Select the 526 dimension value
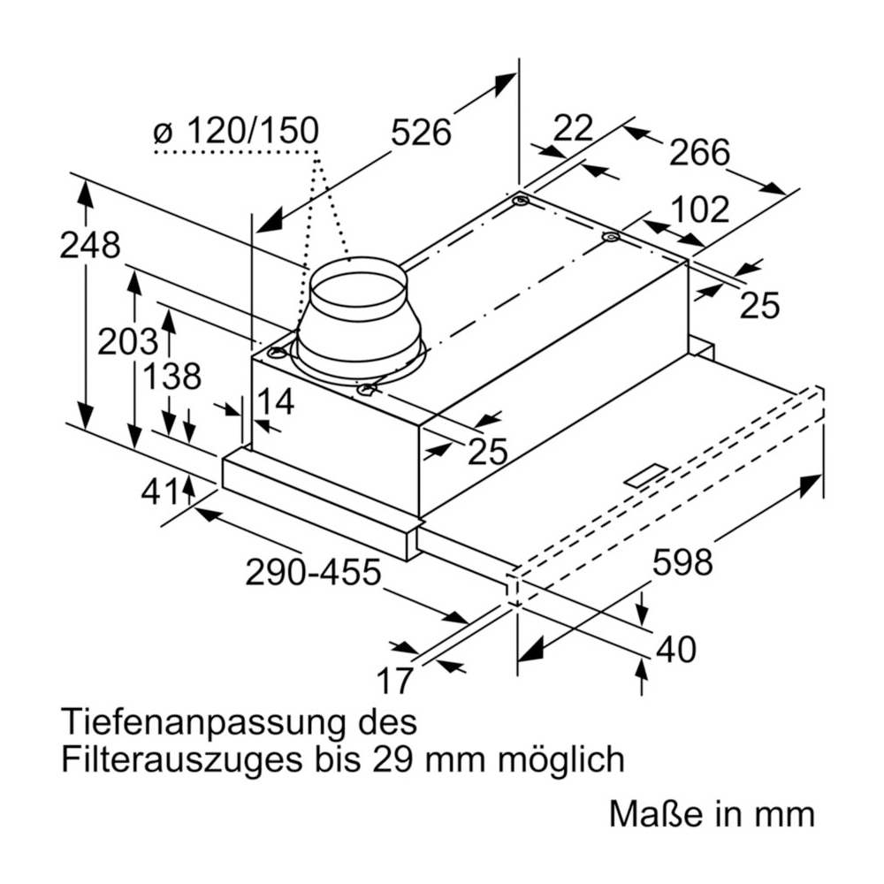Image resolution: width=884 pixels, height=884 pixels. [421, 133]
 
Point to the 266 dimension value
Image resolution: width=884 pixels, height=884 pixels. [699, 153]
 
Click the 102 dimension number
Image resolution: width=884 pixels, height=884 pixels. [699, 210]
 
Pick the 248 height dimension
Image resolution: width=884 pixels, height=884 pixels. [89, 246]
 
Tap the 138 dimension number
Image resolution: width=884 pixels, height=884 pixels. [171, 377]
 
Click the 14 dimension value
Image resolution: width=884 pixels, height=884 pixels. [274, 402]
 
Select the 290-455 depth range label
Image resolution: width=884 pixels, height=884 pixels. [313, 574]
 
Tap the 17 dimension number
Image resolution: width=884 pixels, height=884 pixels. [395, 681]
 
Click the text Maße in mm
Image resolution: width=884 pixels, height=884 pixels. [711, 814]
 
